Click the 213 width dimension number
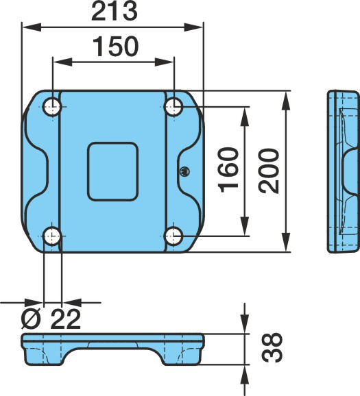(x=115, y=12)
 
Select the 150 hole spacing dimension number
(x=116, y=47)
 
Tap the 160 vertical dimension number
(x=228, y=170)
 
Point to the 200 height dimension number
(x=269, y=171)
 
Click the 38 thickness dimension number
(x=272, y=347)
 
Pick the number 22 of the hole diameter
(x=65, y=319)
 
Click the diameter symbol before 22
(x=31, y=319)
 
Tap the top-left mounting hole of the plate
(x=52, y=107)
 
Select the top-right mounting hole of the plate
(x=173, y=107)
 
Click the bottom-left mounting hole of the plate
(x=52, y=236)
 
